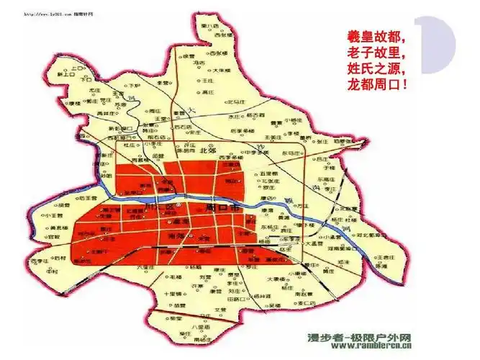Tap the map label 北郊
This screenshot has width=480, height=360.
click(x=207, y=151)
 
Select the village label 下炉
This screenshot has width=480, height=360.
click(x=130, y=84)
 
